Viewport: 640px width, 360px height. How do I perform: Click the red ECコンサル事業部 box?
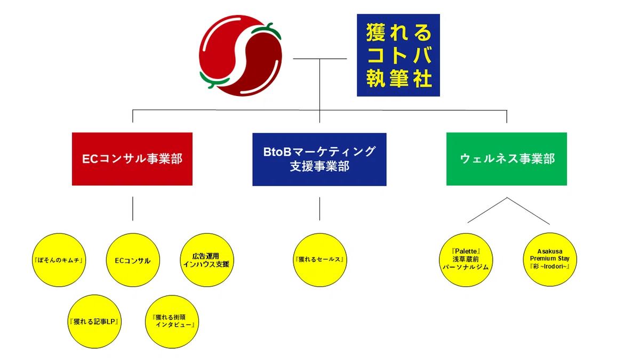132,159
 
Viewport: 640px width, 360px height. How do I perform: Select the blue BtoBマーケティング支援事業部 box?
319,159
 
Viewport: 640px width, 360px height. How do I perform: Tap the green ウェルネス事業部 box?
506,159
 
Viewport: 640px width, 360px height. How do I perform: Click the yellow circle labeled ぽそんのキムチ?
59,260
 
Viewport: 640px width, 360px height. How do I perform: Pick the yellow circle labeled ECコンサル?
133,260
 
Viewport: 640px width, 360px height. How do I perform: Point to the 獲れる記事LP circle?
94,322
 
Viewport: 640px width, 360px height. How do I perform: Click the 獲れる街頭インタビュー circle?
172,322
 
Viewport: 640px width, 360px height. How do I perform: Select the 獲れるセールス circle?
319,260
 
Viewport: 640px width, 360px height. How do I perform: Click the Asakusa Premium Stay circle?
550,260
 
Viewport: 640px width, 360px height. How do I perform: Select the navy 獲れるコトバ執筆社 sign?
398,55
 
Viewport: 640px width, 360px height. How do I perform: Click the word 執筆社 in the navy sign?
398,79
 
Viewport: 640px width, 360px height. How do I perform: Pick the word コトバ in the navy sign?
398,56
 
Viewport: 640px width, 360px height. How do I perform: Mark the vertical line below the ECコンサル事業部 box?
132,209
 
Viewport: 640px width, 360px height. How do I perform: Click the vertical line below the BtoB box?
319,209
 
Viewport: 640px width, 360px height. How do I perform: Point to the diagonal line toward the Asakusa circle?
528,211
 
